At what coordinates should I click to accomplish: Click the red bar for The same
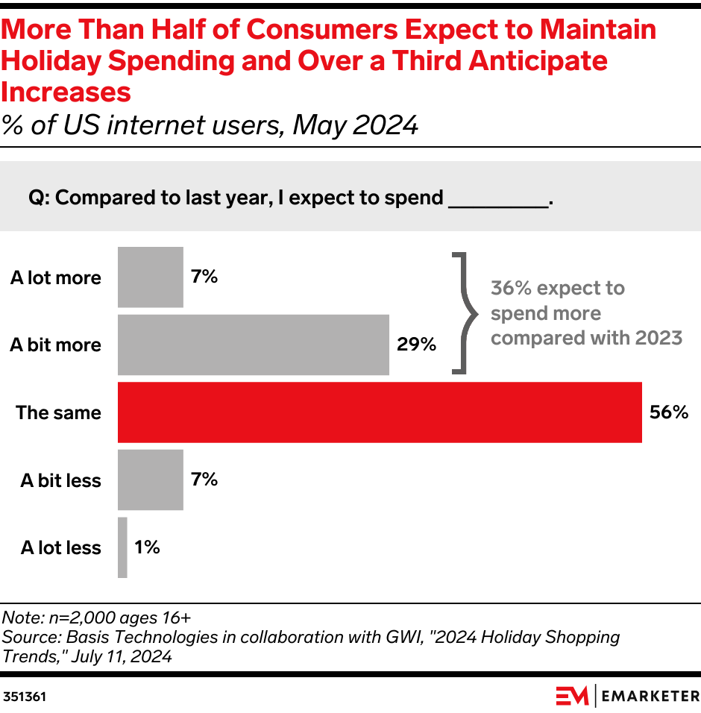(x=380, y=412)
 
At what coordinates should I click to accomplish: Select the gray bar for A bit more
(x=254, y=345)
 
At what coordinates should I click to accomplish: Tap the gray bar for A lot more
(x=151, y=277)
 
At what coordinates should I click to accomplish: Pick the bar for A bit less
(x=151, y=480)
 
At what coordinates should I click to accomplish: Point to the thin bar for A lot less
(x=122, y=547)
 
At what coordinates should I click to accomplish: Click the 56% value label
(x=668, y=412)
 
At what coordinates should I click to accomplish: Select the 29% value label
(x=416, y=345)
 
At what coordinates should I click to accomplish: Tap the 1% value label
(x=147, y=547)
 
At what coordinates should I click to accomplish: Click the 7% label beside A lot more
(x=204, y=277)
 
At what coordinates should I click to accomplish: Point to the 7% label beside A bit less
(x=204, y=480)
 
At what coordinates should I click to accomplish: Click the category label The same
(x=58, y=412)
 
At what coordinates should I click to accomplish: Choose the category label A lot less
(x=60, y=547)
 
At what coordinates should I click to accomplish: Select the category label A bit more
(x=55, y=345)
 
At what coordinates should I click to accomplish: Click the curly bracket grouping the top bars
(x=464, y=312)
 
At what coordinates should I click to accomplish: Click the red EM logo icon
(x=571, y=696)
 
